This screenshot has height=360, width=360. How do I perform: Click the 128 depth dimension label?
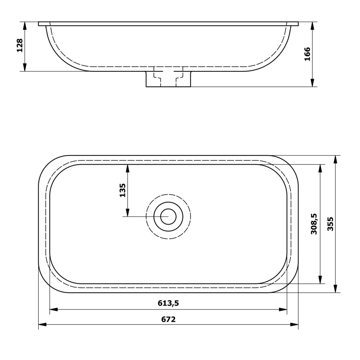20,45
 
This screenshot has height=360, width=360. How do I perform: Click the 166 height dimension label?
307,54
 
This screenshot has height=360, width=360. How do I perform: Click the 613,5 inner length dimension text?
168,303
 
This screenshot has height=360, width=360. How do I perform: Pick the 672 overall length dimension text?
168,319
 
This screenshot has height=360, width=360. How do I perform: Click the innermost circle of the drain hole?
168,216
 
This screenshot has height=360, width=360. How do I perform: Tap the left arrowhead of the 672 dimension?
42,324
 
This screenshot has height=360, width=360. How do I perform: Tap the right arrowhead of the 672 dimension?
295,324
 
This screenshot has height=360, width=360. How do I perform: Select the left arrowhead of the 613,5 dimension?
53,309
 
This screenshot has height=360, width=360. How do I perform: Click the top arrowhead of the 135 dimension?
127,168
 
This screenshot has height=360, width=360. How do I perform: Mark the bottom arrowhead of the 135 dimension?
127,213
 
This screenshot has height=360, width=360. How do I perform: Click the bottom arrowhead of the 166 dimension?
312,83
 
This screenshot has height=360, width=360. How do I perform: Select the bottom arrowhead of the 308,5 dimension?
320,280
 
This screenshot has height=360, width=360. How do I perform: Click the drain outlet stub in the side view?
168,79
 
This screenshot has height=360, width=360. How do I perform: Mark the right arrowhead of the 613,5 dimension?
283,309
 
